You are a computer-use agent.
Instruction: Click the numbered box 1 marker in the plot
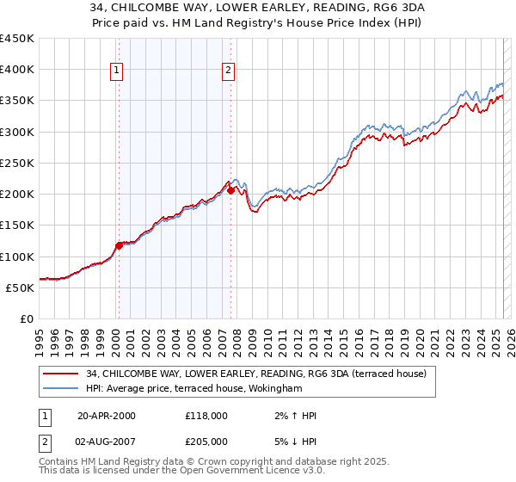coord(117,71)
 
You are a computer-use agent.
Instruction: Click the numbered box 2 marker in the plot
coord(229,71)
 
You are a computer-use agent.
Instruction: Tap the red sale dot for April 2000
coord(119,245)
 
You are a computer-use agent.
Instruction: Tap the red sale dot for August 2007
coord(230,191)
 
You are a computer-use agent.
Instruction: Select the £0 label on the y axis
coord(27,318)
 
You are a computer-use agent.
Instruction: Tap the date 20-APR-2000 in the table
coord(107,416)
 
